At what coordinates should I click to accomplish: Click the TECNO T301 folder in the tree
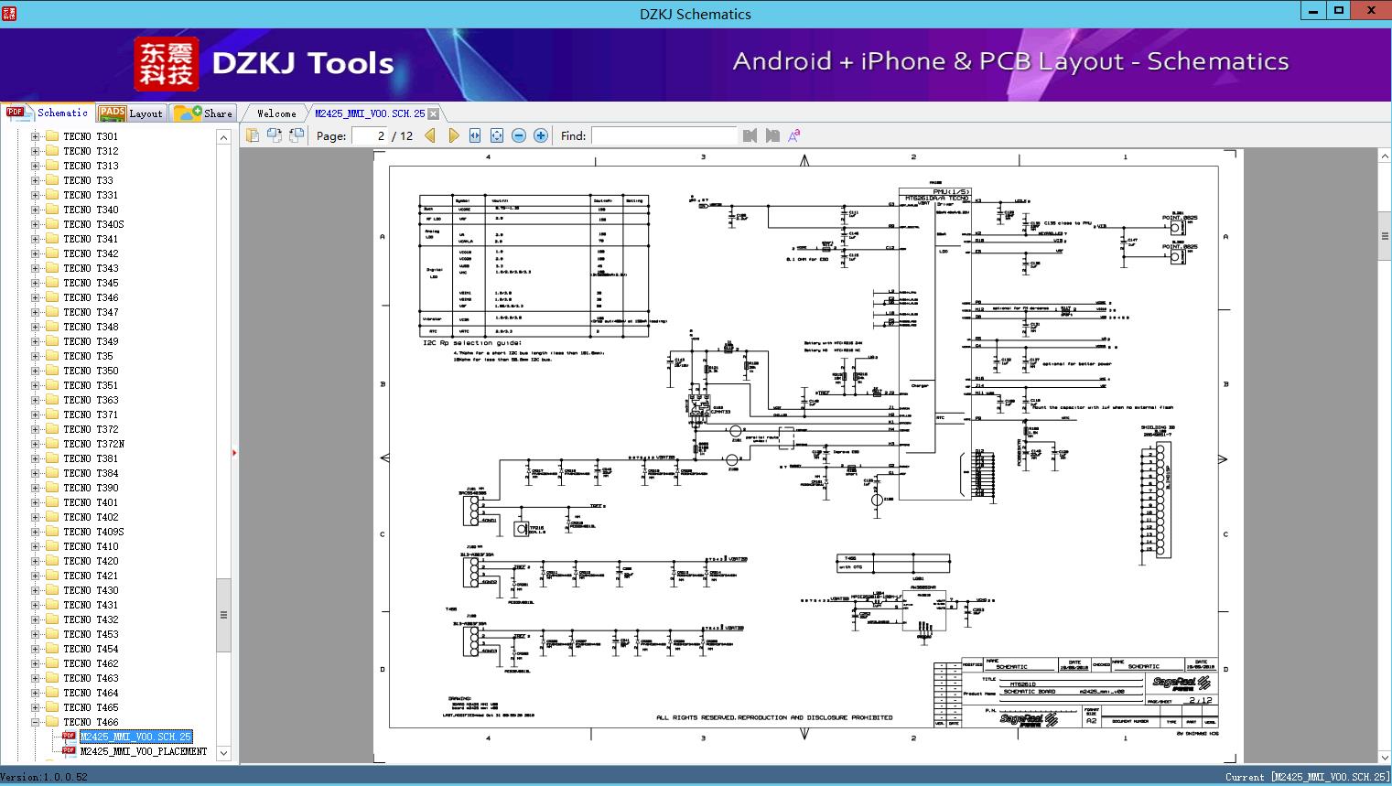pos(91,136)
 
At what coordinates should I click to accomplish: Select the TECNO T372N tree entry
pos(93,444)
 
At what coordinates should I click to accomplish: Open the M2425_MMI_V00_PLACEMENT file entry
pos(143,751)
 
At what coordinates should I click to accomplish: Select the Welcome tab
pos(276,113)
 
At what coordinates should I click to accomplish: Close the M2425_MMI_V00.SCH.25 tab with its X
pos(434,114)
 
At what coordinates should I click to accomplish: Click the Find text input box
pos(664,135)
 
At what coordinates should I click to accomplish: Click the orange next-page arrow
pos(453,135)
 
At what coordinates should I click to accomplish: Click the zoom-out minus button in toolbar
pos(519,135)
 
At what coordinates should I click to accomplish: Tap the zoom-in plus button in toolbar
pos(541,135)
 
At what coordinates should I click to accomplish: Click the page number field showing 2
pos(370,135)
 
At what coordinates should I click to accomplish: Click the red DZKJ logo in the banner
pos(166,64)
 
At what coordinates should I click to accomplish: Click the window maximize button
pos(1338,11)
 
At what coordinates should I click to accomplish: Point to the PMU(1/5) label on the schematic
pos(949,191)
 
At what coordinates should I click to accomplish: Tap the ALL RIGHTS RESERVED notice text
pos(774,717)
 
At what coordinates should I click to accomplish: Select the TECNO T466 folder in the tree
pos(91,722)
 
